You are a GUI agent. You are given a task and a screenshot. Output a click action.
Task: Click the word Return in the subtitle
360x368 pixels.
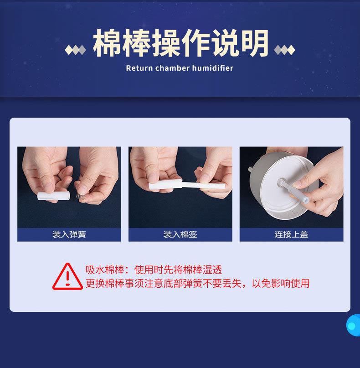139,68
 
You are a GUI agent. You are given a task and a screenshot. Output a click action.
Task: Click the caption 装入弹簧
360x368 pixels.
69,234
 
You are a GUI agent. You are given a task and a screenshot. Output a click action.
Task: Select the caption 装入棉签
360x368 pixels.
180,234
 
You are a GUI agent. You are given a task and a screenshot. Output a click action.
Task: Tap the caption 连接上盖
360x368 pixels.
291,234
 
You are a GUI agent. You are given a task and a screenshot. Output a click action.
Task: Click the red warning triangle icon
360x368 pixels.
67,276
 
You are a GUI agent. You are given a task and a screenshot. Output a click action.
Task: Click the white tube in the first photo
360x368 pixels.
52,196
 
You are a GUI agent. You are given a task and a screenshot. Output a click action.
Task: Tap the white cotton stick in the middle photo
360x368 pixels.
182,184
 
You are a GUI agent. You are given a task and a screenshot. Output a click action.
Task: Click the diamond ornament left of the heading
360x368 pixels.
76,49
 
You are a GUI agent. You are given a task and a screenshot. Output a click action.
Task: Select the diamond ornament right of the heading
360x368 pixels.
284,49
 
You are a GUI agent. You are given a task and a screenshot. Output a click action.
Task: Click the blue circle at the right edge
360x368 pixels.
354,325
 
